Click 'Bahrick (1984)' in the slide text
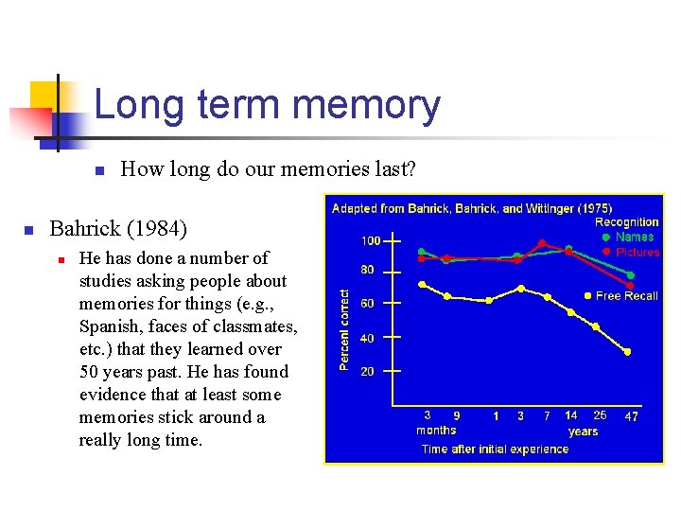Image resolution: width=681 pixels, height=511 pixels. click(118, 228)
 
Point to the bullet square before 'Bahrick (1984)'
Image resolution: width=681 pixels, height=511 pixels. click(28, 230)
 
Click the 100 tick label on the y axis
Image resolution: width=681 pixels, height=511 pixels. click(371, 241)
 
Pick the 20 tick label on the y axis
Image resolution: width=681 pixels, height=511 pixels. click(367, 372)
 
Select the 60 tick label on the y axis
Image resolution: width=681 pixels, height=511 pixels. click(367, 304)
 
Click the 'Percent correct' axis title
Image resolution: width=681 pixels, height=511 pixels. click(345, 329)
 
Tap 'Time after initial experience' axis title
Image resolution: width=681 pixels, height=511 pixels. click(495, 449)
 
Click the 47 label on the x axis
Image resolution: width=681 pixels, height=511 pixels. click(631, 415)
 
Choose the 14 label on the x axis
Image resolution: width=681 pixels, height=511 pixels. click(570, 415)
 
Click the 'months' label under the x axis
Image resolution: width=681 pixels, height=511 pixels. click(436, 431)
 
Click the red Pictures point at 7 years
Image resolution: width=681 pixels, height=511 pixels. click(542, 243)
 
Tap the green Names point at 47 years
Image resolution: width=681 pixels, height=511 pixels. click(630, 275)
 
